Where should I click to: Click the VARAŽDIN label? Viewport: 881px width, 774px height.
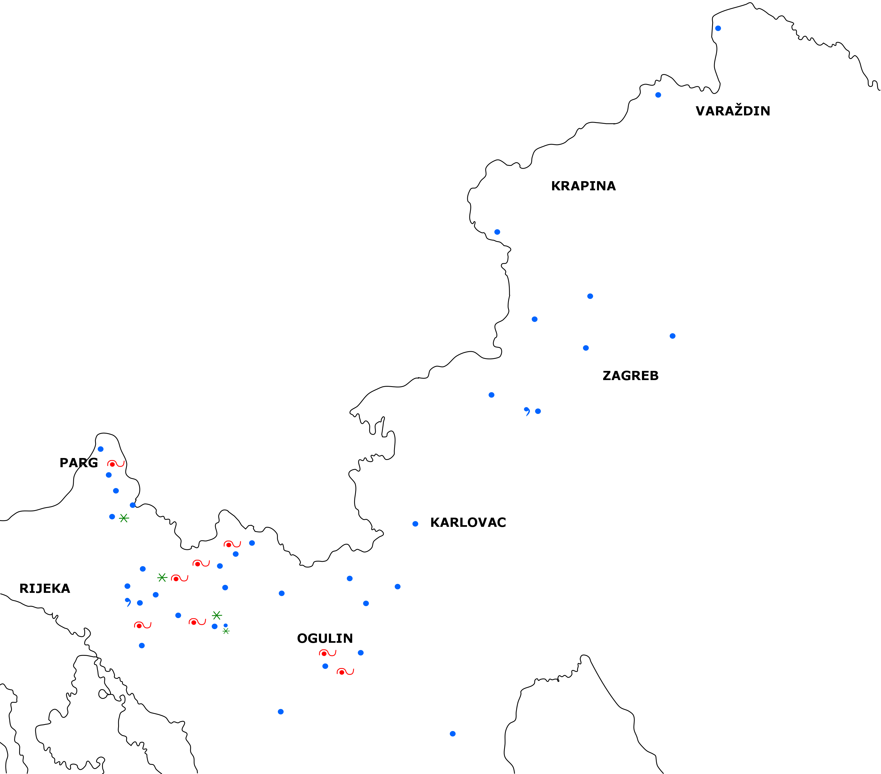coord(732,111)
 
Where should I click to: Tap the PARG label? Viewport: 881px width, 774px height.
coord(78,463)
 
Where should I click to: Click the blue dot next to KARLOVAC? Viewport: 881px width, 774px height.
coord(415,524)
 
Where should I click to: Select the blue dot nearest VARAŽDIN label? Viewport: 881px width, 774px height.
coord(658,95)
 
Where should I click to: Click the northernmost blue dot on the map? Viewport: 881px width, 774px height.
coord(718,29)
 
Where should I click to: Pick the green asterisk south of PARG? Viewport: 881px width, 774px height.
coord(124,518)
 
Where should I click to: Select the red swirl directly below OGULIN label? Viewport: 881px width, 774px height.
coord(327,653)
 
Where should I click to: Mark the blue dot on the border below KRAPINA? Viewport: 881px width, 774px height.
coord(497,232)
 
